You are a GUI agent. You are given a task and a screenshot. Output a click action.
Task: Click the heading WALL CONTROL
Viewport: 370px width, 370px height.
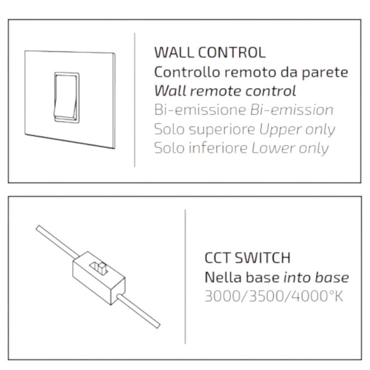click(210, 52)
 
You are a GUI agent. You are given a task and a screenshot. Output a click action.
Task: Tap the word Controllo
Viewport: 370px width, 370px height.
click(187, 72)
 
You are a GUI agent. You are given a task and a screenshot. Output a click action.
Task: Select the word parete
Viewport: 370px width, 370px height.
click(325, 73)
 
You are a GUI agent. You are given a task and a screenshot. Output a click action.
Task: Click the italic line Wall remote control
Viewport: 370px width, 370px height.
click(225, 91)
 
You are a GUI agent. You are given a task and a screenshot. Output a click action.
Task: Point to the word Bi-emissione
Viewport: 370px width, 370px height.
click(200, 110)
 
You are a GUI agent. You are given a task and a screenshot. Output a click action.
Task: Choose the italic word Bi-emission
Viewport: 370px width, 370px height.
click(292, 110)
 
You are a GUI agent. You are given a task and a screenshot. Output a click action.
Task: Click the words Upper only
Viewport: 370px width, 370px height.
click(297, 130)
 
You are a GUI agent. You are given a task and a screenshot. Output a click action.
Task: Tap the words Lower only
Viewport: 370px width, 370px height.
click(290, 149)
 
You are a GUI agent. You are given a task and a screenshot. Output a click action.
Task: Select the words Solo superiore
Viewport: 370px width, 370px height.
click(205, 130)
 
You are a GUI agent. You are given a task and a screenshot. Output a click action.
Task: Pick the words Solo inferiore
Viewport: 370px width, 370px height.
click(201, 149)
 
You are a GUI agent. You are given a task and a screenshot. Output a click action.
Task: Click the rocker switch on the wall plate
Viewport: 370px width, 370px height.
click(67, 98)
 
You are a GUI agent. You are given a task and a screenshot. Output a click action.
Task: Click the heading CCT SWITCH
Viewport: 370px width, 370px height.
click(248, 258)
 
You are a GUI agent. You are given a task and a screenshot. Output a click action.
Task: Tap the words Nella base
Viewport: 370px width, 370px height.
click(242, 277)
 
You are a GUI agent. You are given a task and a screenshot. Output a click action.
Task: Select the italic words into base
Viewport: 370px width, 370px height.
click(316, 277)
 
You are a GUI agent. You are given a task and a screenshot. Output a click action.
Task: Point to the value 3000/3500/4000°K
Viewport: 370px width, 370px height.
click(274, 297)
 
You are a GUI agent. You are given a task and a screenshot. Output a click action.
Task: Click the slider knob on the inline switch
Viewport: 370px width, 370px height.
click(102, 268)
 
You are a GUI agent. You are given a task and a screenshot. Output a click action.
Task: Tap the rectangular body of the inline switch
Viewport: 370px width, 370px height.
click(99, 278)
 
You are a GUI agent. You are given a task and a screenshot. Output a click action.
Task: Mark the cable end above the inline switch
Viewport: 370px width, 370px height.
click(38, 227)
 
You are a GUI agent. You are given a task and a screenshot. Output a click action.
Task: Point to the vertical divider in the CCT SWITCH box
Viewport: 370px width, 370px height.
click(185, 276)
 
